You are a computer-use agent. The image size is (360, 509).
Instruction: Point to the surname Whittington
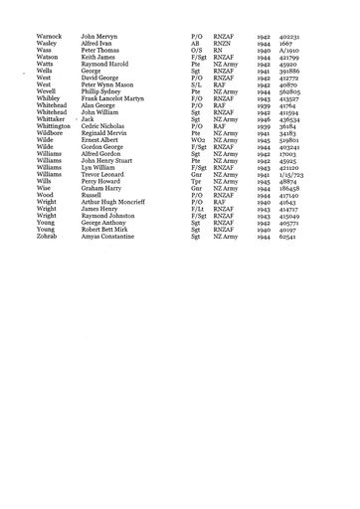point(54,126)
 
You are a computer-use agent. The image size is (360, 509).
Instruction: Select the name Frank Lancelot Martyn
point(114,98)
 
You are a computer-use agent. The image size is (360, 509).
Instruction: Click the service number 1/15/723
point(293,175)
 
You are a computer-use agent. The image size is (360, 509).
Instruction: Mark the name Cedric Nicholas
point(105,126)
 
